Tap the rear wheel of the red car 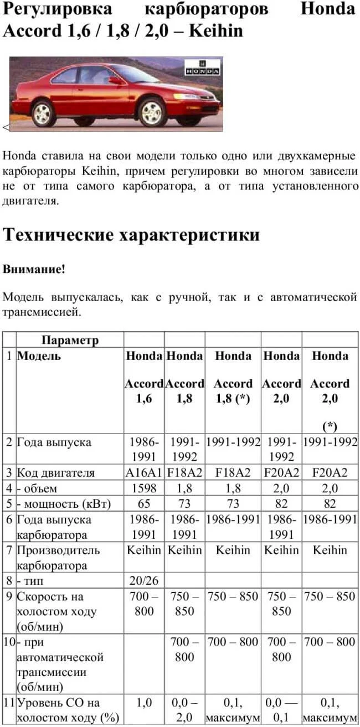point(44,113)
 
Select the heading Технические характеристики point(131,235)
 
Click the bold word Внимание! point(34,270)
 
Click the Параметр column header point(70,340)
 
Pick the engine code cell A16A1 point(143,473)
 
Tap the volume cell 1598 point(143,488)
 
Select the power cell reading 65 point(143,504)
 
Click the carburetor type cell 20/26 point(143,581)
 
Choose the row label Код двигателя point(56,473)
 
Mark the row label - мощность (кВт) point(63,504)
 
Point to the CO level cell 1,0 point(143,703)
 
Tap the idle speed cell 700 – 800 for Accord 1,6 point(143,604)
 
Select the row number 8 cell point(9,581)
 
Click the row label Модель point(39,356)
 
